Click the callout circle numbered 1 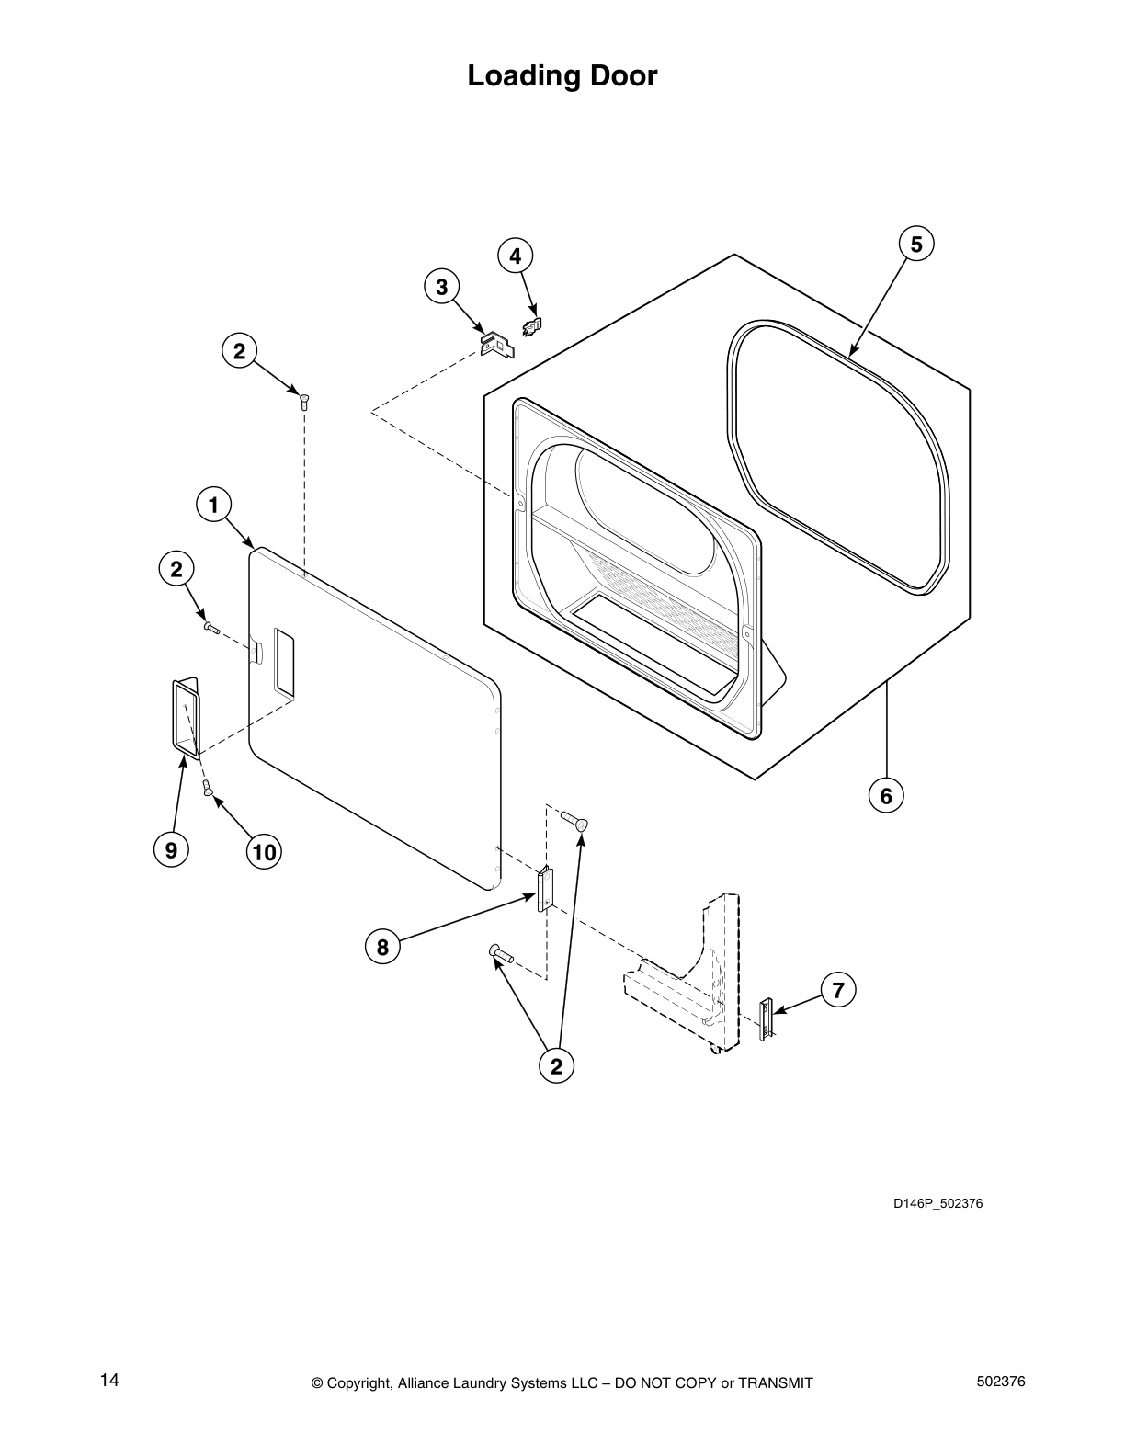pyautogui.click(x=214, y=505)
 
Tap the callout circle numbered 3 pyautogui.click(x=441, y=287)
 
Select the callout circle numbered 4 pyautogui.click(x=516, y=256)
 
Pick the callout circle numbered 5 pyautogui.click(x=916, y=244)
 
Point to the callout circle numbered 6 pyautogui.click(x=886, y=796)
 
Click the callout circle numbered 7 pyautogui.click(x=837, y=990)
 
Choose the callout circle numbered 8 pyautogui.click(x=382, y=947)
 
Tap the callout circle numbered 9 pyautogui.click(x=171, y=850)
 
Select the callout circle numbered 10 pyautogui.click(x=264, y=852)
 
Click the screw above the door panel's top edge pyautogui.click(x=304, y=402)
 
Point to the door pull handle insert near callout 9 pyautogui.click(x=187, y=718)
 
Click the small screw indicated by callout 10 pyautogui.click(x=208, y=788)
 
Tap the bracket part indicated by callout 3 pyautogui.click(x=497, y=345)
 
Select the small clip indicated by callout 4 pyautogui.click(x=532, y=326)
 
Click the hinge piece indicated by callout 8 pyautogui.click(x=544, y=889)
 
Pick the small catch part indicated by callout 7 pyautogui.click(x=766, y=1019)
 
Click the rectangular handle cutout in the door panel pyautogui.click(x=283, y=662)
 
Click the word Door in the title pyautogui.click(x=623, y=75)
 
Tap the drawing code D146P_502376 pyautogui.click(x=937, y=1203)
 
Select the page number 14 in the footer pyautogui.click(x=109, y=1381)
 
